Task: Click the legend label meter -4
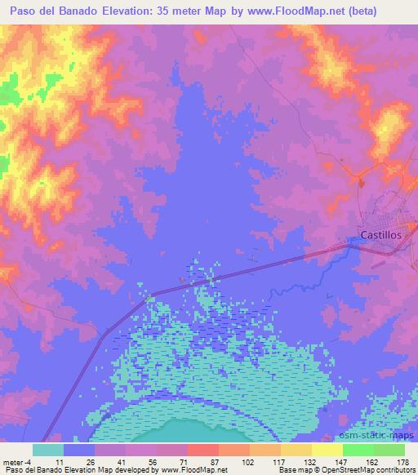[x=16, y=462]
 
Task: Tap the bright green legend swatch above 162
[x=358, y=450]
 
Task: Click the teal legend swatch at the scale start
[x=48, y=450]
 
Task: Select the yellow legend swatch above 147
[x=327, y=450]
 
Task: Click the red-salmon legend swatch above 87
[x=203, y=450]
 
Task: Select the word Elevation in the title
[x=129, y=10]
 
